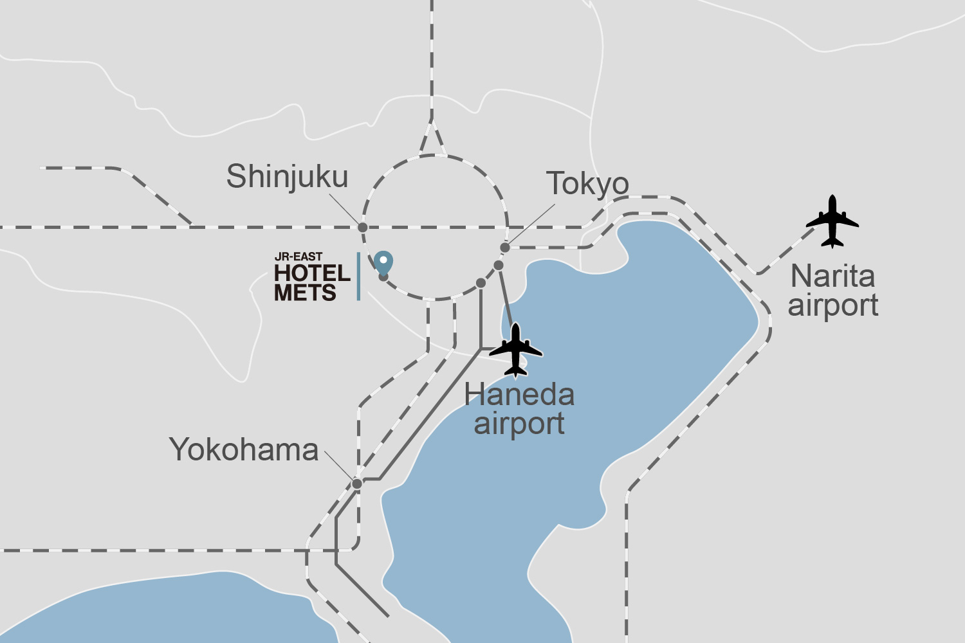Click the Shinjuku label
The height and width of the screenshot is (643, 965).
[287, 177]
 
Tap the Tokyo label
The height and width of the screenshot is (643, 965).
[587, 184]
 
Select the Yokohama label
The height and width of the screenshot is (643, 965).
[244, 450]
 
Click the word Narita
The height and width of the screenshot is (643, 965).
[832, 276]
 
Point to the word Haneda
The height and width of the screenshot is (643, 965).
[519, 394]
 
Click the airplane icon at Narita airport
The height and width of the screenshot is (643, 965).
[832, 222]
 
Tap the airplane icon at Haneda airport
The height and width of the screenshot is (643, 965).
[515, 350]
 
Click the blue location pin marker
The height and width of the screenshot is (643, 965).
[383, 262]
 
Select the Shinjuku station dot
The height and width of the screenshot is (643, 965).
[363, 227]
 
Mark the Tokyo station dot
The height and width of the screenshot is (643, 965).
[505, 248]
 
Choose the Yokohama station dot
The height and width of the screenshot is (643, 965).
[357, 484]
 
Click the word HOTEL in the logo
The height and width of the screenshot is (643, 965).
[312, 273]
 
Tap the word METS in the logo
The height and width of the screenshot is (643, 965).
[305, 293]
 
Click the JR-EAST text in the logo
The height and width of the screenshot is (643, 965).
[299, 257]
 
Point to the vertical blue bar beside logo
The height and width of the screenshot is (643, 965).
[358, 276]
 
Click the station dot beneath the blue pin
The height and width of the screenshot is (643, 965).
[383, 277]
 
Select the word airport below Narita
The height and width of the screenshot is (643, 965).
[832, 305]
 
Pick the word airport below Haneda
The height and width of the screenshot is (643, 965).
[519, 424]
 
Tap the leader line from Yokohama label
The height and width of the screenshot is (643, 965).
[339, 466]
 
